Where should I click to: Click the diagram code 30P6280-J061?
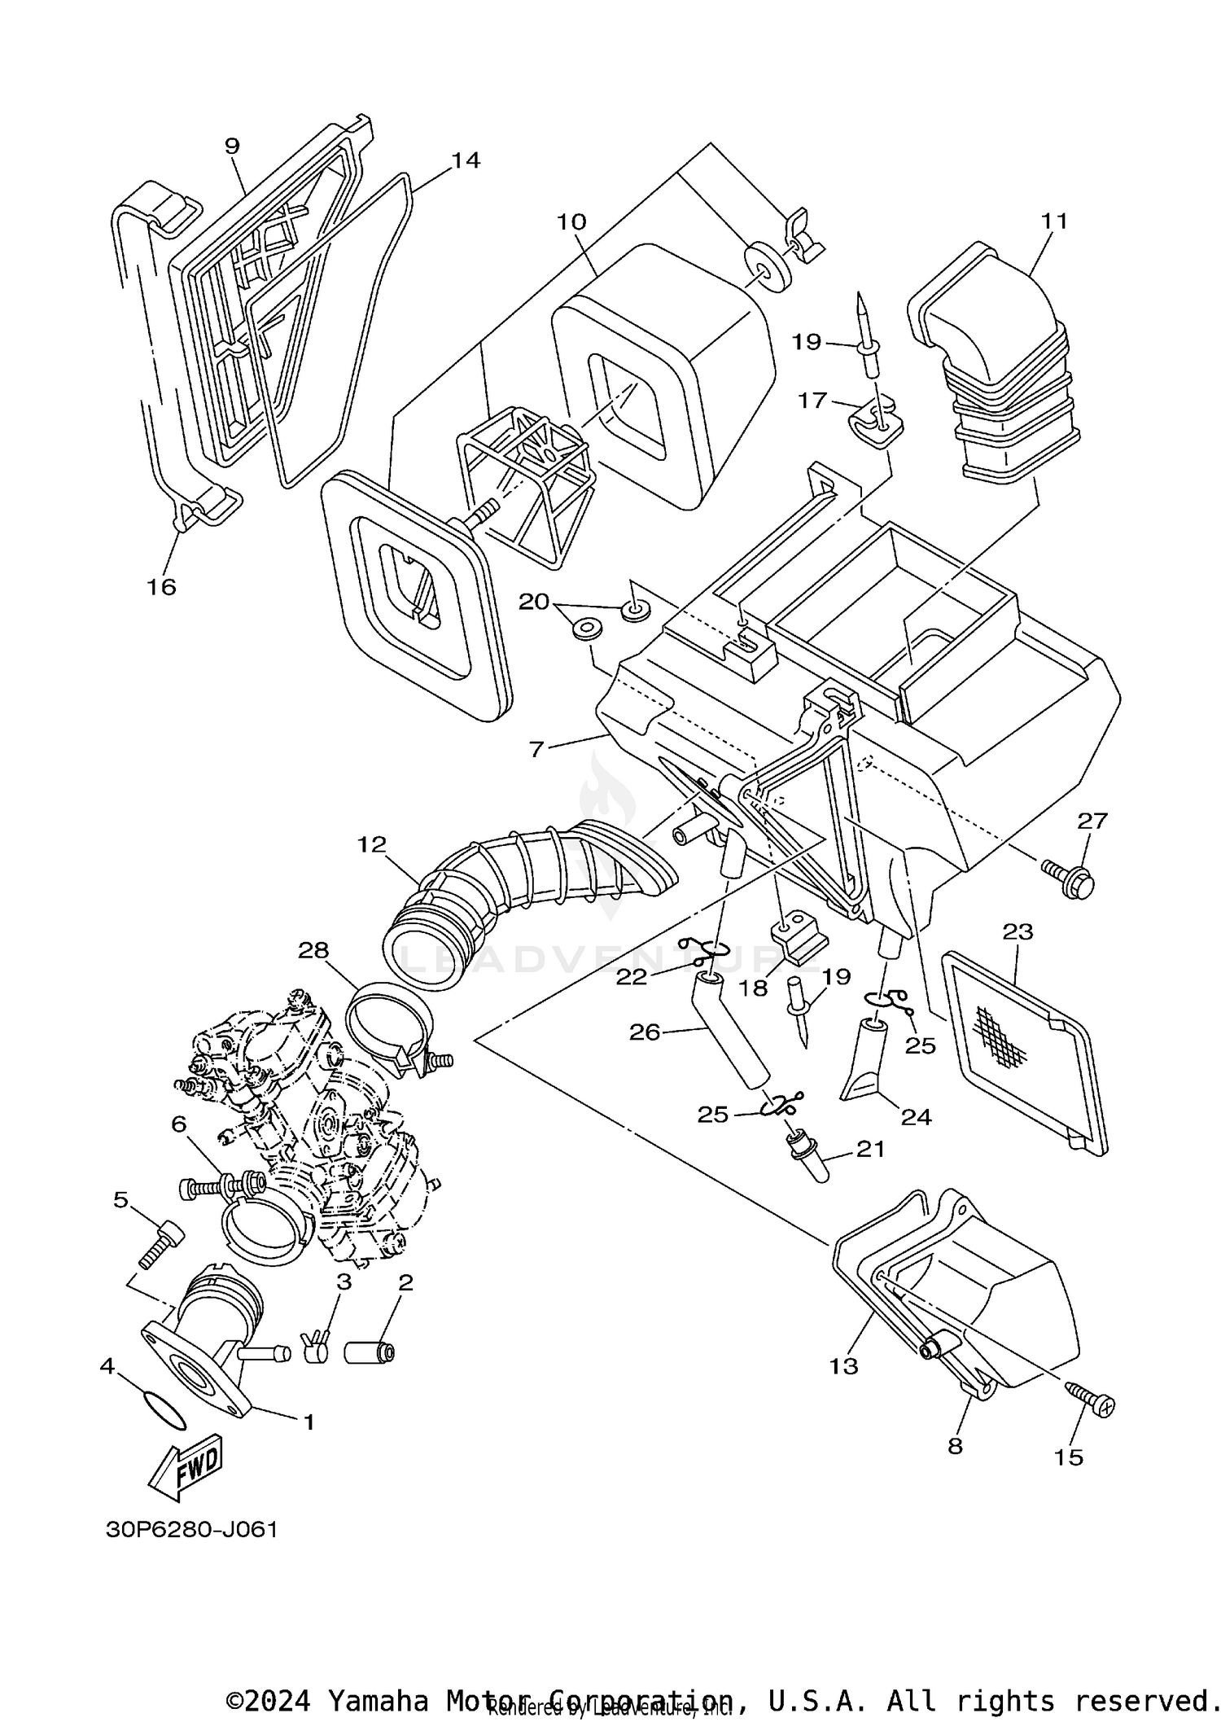click(192, 1530)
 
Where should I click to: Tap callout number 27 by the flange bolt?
click(1092, 821)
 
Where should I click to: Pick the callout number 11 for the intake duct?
click(1054, 221)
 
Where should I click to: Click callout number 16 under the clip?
click(161, 586)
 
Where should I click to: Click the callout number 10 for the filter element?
click(571, 221)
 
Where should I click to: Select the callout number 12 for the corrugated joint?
click(371, 844)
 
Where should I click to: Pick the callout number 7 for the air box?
click(536, 747)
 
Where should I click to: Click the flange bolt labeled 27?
click(1070, 875)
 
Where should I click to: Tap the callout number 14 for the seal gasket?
click(466, 160)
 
